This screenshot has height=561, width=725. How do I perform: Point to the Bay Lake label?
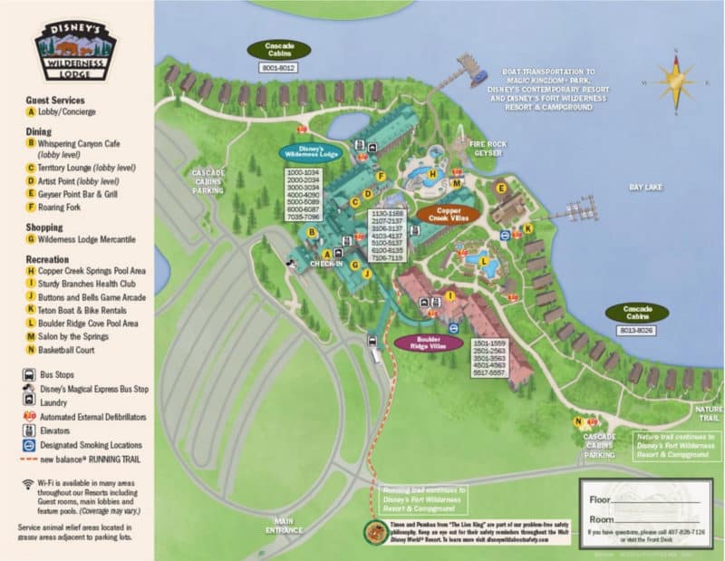[x=647, y=187]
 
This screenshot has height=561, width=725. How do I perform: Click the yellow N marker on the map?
[x=576, y=421]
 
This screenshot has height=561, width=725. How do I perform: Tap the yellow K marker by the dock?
[x=528, y=229]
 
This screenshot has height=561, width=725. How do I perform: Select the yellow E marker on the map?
[x=500, y=188]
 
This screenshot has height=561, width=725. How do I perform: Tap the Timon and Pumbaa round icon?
[x=372, y=533]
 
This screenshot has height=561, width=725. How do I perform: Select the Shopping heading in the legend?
[x=44, y=226]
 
